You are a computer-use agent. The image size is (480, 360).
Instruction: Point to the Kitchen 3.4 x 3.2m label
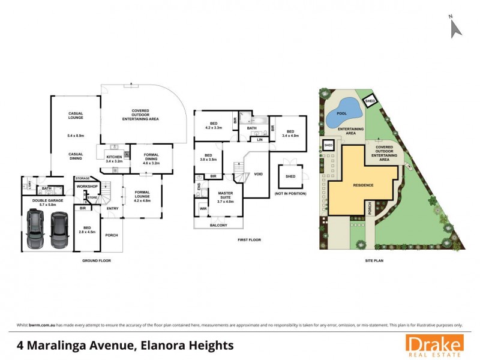point(114,158)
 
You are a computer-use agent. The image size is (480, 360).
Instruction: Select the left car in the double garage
point(36,231)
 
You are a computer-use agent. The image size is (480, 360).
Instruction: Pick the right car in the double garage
point(59,231)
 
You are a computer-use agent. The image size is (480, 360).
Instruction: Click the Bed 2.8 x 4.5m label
point(88,229)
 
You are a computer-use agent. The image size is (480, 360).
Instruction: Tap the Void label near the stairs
point(259,174)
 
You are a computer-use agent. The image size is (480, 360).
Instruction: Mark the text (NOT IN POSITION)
point(290,194)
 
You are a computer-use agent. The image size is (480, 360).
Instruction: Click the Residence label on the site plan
point(362,185)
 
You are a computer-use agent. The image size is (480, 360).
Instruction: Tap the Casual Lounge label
point(75,115)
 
